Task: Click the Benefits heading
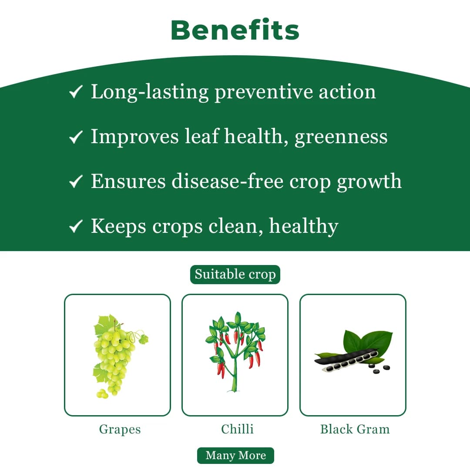point(235,30)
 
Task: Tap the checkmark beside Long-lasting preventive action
point(76,92)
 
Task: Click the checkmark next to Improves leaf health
point(76,137)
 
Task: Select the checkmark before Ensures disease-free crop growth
point(76,181)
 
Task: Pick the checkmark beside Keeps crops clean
point(76,226)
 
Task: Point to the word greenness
point(341,137)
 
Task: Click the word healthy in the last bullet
point(303,226)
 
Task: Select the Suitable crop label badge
point(235,275)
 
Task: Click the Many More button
point(235,455)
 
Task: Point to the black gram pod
point(346,361)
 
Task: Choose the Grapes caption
point(120,429)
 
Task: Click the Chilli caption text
point(237,429)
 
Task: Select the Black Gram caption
point(355,429)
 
